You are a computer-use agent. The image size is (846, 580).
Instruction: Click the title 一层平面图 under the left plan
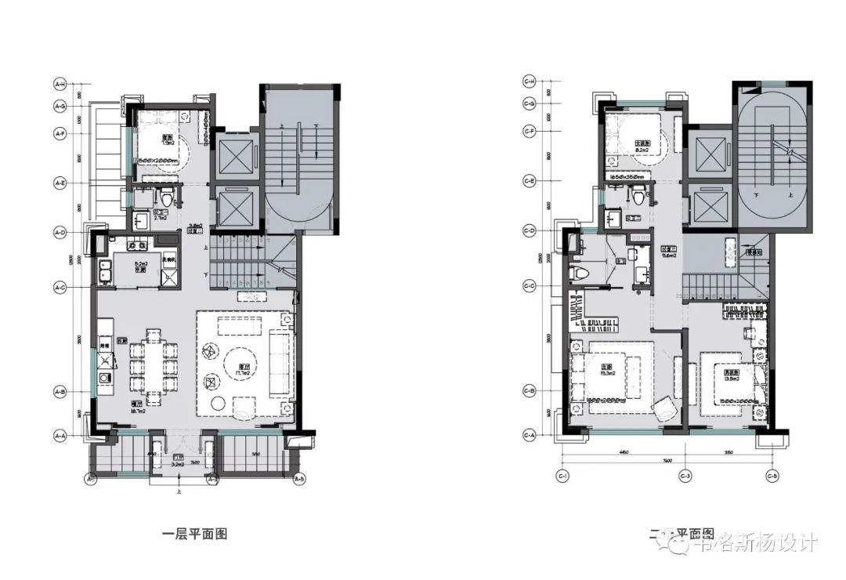[x=194, y=535]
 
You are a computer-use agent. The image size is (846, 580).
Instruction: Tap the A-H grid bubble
[x=59, y=82]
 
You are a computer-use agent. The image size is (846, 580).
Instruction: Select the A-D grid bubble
[x=59, y=232]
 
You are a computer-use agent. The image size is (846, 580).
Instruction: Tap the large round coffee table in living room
[x=239, y=364]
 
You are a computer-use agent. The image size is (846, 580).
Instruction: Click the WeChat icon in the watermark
[x=671, y=541]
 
